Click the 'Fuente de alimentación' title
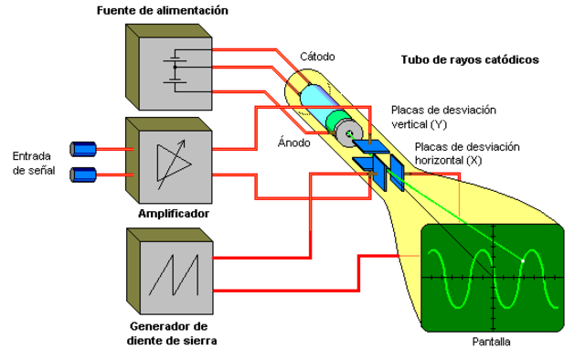pyautogui.click(x=163, y=11)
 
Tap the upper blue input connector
pyautogui.click(x=83, y=148)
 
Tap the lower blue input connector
pyautogui.click(x=83, y=173)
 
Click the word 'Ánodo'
pyautogui.click(x=293, y=143)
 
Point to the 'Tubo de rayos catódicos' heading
pyautogui.click(x=470, y=60)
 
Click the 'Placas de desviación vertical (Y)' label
pyautogui.click(x=443, y=116)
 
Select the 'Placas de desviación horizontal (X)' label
pyautogui.click(x=466, y=154)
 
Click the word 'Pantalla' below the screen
pyautogui.click(x=492, y=342)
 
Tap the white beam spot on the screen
pyautogui.click(x=522, y=260)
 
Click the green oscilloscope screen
pyautogui.click(x=493, y=273)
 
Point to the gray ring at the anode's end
pyautogui.click(x=347, y=135)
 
